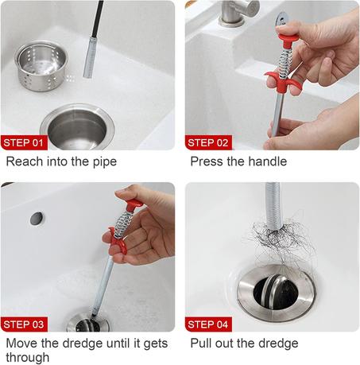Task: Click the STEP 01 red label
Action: tap(24, 142)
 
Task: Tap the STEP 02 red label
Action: tap(208, 142)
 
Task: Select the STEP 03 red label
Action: tap(24, 324)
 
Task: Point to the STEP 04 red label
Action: tap(208, 324)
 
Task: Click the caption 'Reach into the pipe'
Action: tap(61, 161)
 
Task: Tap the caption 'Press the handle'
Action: tap(238, 161)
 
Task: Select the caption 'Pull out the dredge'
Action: tap(244, 344)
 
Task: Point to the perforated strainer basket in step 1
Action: tap(41, 65)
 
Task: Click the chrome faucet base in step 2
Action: tap(231, 14)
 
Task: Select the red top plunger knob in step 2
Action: tap(287, 37)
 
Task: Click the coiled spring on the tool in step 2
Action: tap(285, 62)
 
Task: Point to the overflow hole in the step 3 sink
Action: tap(37, 219)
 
